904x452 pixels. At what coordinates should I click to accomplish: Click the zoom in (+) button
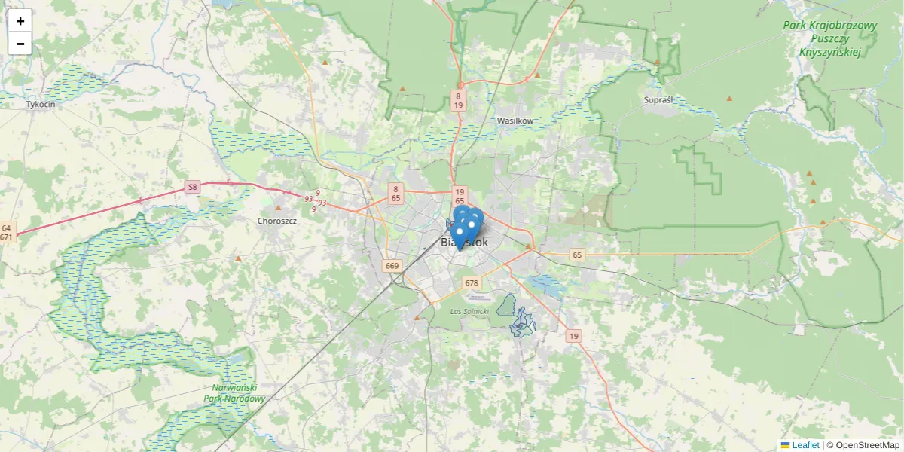coord(20,21)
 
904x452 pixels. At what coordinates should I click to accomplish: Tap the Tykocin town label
coord(41,105)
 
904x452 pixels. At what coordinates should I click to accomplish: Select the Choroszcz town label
coord(277,221)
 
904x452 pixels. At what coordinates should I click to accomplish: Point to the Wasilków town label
coord(515,121)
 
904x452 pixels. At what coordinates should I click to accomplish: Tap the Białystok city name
coord(464,243)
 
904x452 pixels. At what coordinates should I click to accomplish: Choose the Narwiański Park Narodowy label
coord(234,393)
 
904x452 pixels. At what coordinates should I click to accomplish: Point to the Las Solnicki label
coord(469,311)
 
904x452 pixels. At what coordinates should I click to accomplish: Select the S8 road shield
coord(193,187)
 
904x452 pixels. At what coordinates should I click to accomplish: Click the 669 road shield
coord(392,266)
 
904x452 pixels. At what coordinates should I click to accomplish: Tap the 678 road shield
coord(472,283)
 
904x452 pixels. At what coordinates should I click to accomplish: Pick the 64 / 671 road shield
coord(6,232)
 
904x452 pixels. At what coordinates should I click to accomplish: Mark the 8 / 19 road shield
coord(458,101)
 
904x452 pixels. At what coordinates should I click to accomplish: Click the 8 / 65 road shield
coord(395,193)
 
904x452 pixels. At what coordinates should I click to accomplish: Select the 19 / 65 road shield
coord(459,196)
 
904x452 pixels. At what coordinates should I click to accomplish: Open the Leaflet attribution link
coord(805,445)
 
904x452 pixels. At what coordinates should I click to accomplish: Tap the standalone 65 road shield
coord(577,255)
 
